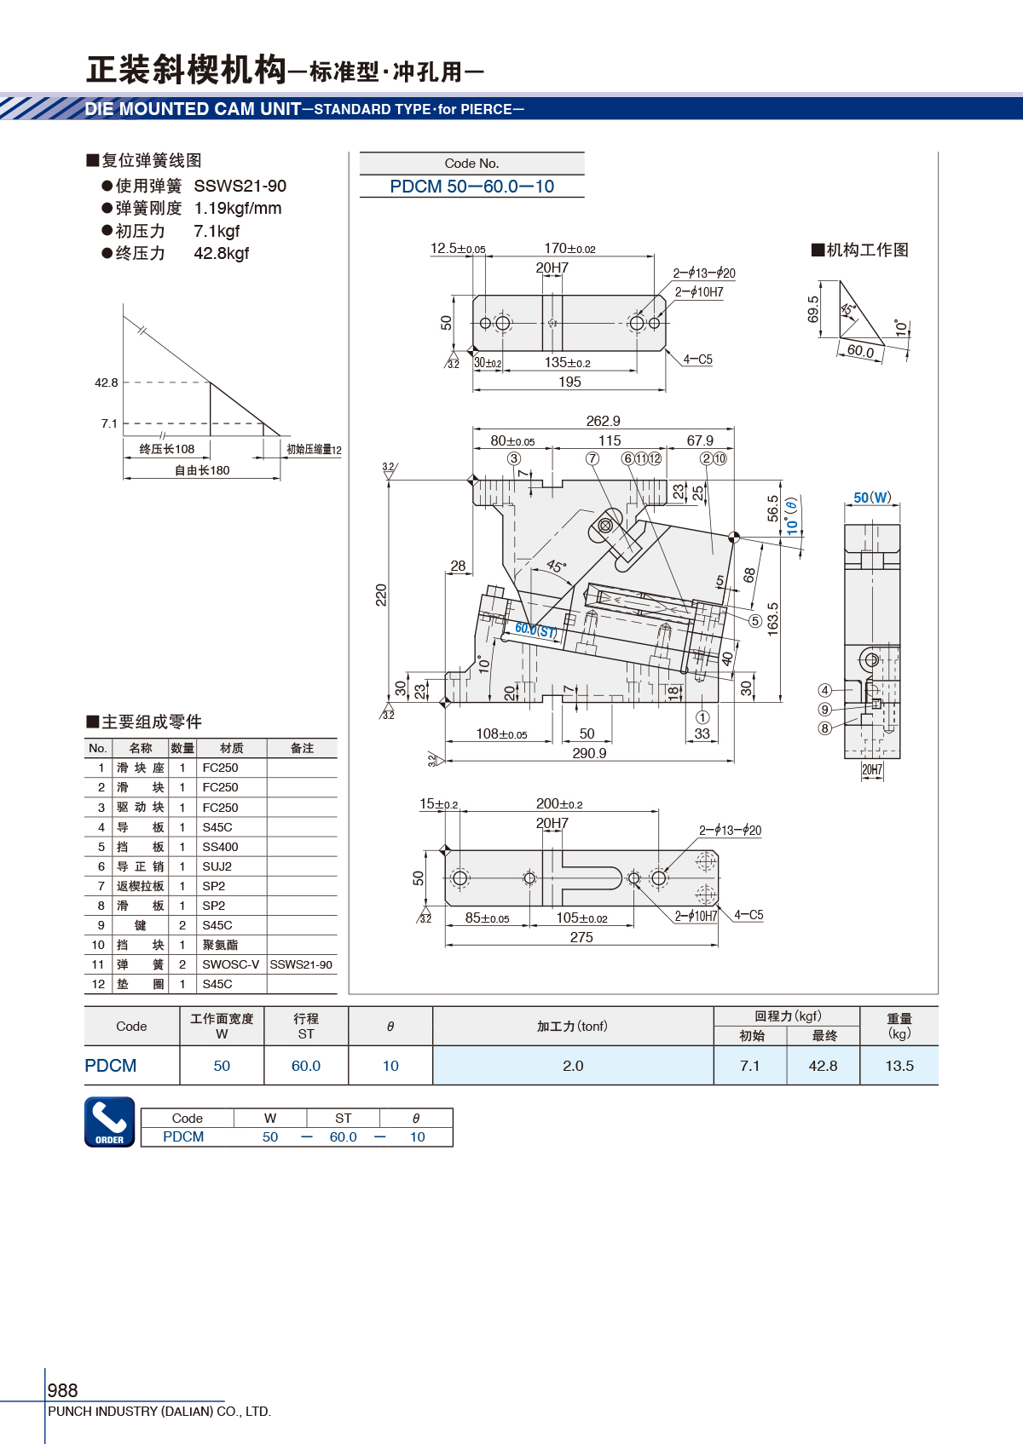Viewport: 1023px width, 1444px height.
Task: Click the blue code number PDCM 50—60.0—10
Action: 471,187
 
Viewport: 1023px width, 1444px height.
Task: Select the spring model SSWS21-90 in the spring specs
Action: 240,186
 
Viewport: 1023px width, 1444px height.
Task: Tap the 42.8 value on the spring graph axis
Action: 107,383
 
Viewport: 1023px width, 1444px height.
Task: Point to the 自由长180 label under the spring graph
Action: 202,470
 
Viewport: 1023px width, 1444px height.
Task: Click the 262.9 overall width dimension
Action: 603,421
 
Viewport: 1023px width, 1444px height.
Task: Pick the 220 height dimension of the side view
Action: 381,595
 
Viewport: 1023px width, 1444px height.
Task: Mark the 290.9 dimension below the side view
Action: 589,753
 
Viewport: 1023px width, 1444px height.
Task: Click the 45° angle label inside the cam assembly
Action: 556,567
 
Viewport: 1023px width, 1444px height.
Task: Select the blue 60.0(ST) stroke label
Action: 535,630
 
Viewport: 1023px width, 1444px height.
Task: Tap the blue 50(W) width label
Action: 872,498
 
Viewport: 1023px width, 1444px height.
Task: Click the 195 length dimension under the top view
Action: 569,382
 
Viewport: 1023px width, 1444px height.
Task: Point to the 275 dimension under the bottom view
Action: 581,937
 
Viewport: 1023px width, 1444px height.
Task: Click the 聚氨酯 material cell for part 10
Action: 220,945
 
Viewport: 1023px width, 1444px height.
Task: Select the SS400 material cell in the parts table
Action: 220,847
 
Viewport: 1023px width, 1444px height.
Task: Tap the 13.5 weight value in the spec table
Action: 899,1066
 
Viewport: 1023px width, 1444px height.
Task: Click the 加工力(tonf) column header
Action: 572,1026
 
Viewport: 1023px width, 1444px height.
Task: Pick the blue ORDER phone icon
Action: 109,1121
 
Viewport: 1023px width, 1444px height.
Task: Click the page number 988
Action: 62,1390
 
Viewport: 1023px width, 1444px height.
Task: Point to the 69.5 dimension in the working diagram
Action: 813,310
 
